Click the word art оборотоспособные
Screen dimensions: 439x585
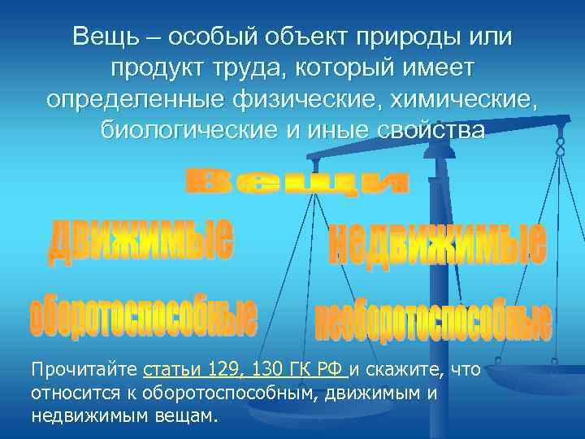coord(143,316)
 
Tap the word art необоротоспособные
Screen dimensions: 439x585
coord(433,322)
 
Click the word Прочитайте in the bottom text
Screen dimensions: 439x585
coord(84,371)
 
